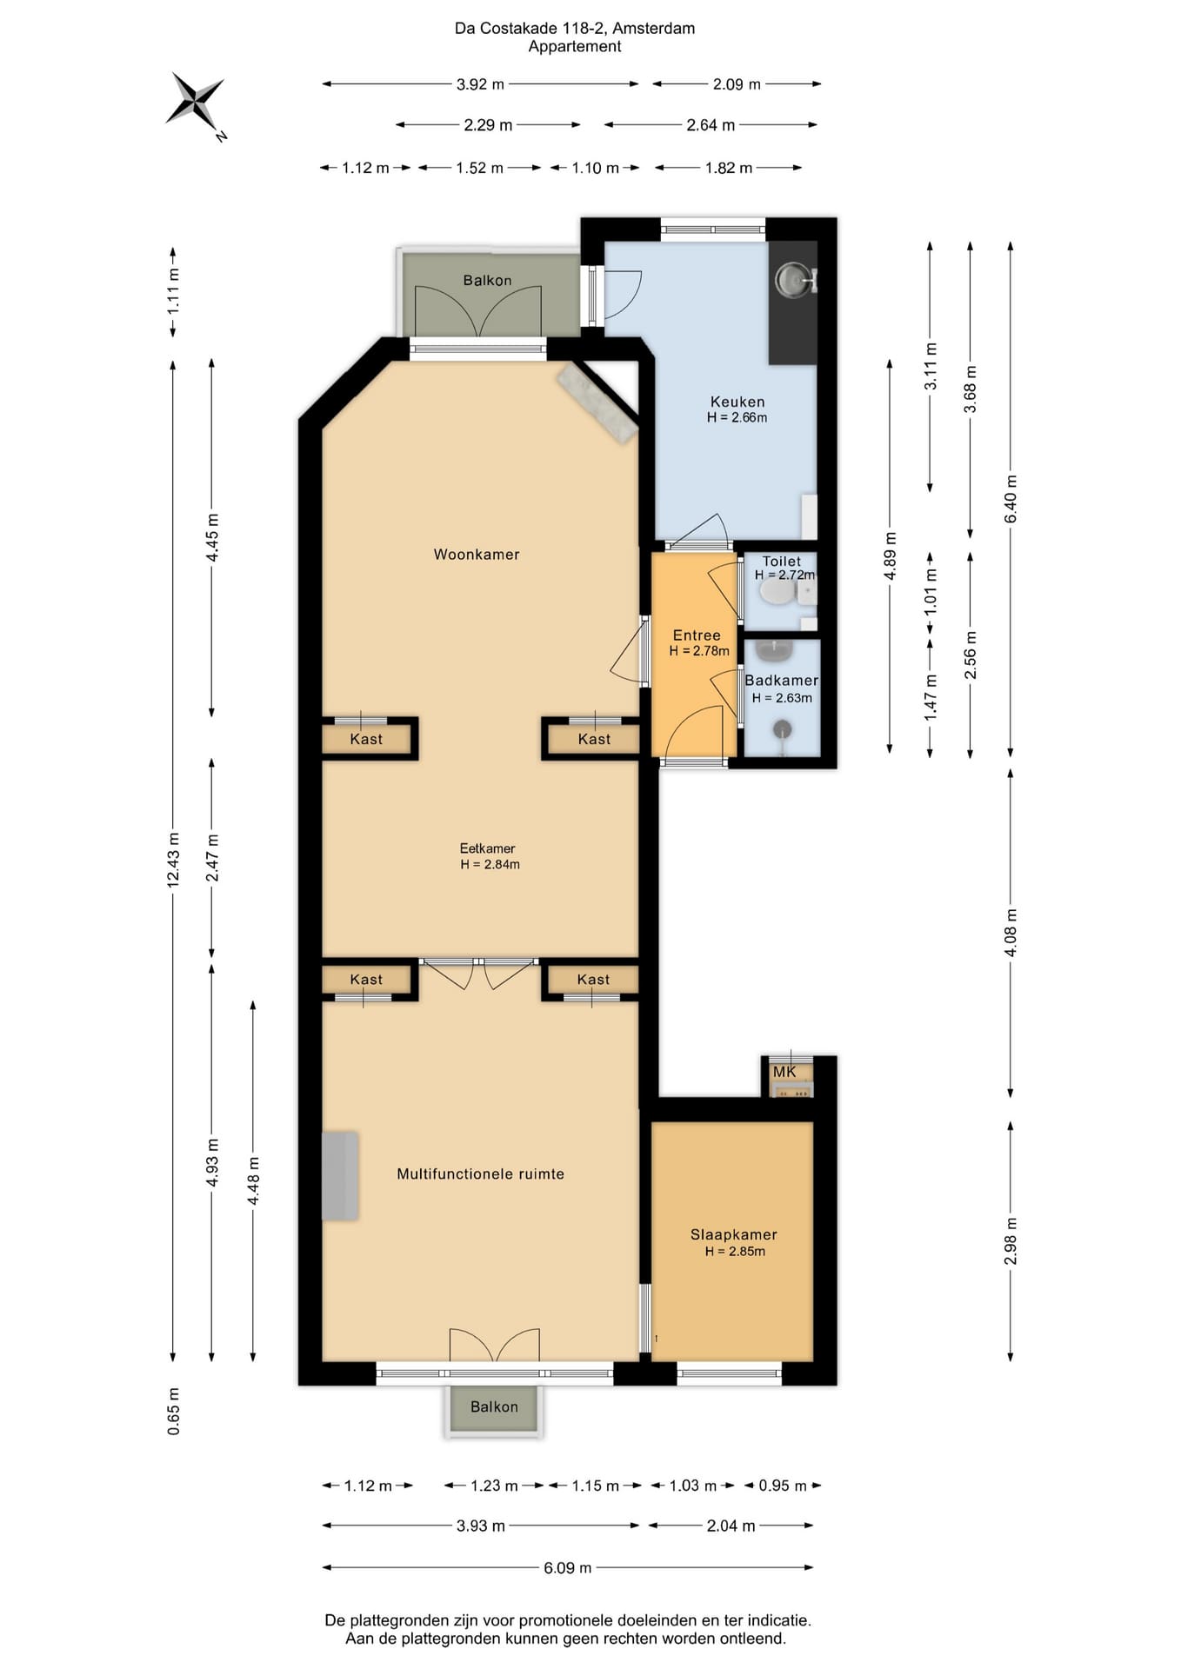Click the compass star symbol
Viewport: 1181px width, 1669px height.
point(196,100)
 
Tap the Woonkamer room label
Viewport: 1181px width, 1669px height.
point(477,555)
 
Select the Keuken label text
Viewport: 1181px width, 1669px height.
point(737,402)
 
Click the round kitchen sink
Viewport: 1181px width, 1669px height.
point(791,279)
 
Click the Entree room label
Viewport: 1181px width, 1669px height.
point(697,635)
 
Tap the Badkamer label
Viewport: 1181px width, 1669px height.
point(781,681)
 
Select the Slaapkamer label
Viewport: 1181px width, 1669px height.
point(734,1234)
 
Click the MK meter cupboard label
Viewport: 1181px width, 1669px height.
point(784,1072)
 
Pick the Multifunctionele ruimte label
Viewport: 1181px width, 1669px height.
point(481,1174)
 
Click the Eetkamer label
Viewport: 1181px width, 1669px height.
point(488,848)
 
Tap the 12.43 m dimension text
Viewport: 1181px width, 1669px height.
point(173,860)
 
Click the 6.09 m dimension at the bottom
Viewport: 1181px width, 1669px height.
point(568,1567)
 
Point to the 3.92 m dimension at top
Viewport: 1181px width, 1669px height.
point(480,84)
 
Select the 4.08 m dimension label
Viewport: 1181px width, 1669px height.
point(1011,933)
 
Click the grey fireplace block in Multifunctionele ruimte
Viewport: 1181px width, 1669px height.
point(340,1175)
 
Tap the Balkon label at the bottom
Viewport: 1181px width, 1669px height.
point(494,1406)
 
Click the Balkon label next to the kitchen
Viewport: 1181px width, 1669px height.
point(487,280)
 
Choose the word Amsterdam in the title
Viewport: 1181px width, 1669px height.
point(654,29)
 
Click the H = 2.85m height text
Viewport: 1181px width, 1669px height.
point(735,1252)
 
